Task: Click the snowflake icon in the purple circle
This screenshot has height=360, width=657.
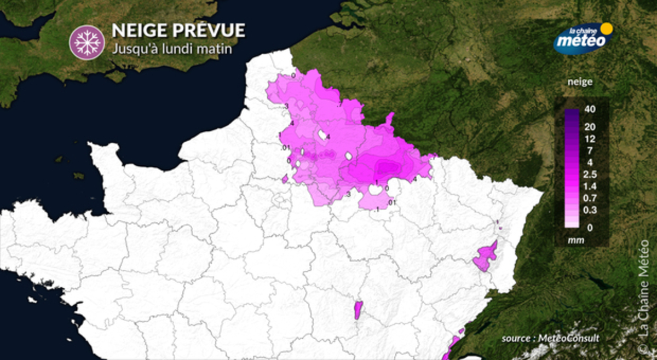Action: (87, 42)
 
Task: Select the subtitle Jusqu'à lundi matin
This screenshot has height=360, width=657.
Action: (172, 49)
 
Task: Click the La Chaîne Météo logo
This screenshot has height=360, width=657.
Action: (581, 38)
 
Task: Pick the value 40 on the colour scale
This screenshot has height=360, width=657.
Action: (590, 109)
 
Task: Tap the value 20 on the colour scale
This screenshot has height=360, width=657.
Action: (590, 127)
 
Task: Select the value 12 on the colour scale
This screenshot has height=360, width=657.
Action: (590, 138)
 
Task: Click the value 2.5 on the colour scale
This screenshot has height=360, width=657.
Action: (590, 175)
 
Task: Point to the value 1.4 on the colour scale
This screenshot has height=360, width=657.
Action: (590, 187)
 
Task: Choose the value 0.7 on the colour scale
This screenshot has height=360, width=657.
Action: (590, 199)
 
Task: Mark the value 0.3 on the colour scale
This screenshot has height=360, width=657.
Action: (590, 211)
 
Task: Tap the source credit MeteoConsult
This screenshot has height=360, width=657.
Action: (551, 339)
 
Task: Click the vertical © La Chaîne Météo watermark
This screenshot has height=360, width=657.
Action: (643, 295)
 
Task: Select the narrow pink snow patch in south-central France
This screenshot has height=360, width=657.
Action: (359, 310)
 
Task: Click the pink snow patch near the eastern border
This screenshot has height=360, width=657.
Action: (485, 256)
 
